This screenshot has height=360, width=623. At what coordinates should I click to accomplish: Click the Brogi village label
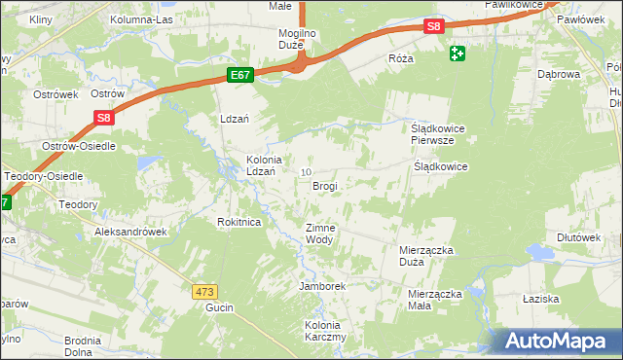325,185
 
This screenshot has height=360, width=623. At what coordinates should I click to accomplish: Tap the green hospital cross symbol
458,54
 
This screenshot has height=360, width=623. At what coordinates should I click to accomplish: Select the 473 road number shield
204,291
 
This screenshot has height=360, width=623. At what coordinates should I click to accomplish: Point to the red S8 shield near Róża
434,28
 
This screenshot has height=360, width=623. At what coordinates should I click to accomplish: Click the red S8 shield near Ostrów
105,118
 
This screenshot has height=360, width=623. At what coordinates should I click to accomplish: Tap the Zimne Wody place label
320,234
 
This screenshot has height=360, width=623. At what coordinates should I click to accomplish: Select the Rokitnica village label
238,222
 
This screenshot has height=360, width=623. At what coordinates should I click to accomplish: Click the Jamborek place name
323,287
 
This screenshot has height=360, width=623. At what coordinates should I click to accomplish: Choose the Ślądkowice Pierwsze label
433,133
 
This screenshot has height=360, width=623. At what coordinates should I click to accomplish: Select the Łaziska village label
566,298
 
